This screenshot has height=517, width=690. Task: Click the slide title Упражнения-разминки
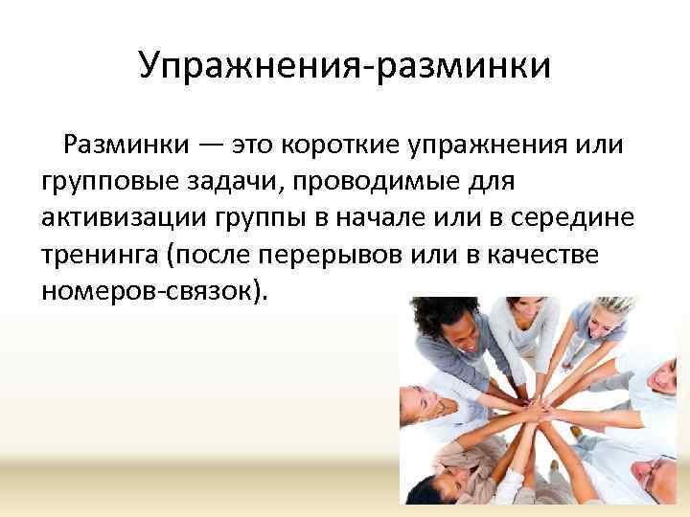tap(345, 66)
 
